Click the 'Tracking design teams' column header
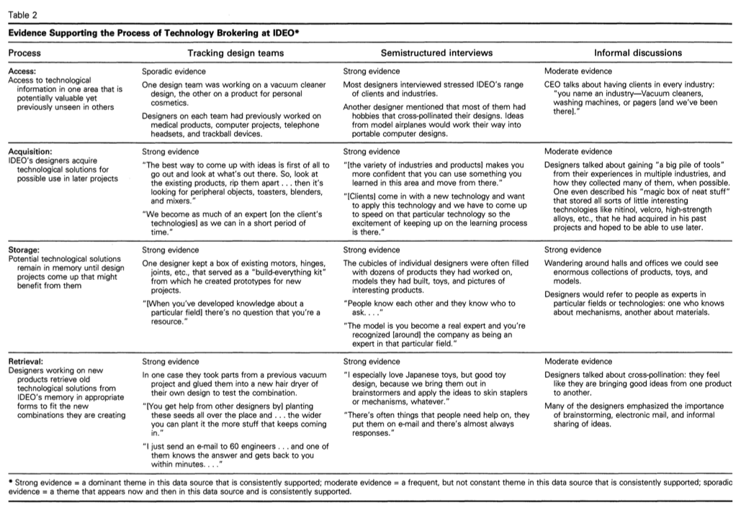[235, 53]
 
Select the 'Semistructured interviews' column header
[436, 53]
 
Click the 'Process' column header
[24, 53]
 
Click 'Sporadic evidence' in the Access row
[174, 71]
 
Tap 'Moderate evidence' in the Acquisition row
[578, 152]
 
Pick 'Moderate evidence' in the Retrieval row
[578, 361]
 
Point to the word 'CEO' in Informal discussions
[554, 85]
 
